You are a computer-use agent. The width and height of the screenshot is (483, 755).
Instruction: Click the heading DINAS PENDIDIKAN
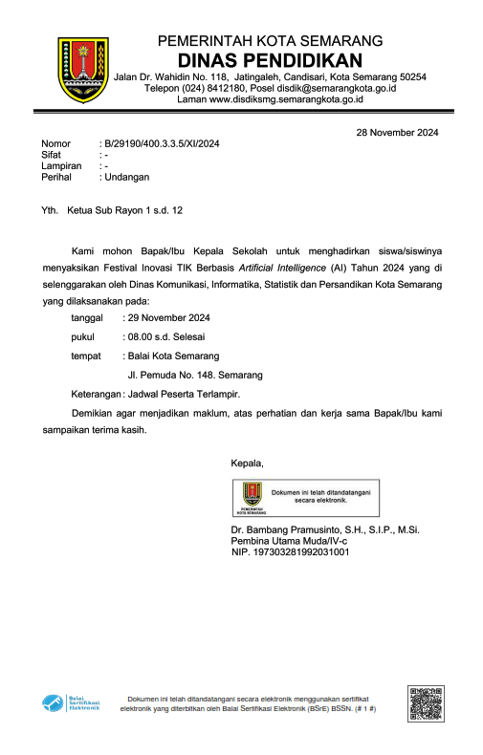pos(270,59)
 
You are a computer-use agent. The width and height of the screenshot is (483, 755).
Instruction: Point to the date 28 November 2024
pos(397,133)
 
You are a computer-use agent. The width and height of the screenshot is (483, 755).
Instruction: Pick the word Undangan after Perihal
pos(126,177)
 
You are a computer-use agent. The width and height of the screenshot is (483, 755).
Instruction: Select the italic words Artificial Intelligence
pos(283,268)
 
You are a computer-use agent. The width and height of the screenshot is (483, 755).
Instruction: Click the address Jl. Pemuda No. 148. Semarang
pos(195,375)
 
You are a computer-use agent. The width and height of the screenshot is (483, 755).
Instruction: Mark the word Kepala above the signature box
pos(247,463)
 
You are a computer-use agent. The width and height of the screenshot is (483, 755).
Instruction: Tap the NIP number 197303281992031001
pos(301,551)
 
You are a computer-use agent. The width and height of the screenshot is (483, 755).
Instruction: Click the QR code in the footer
pos(425,704)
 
